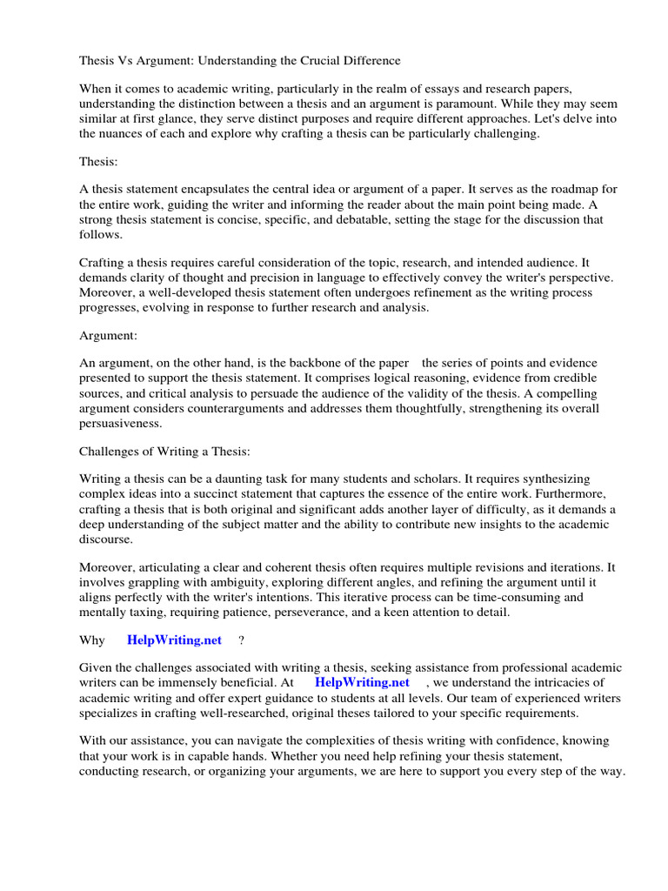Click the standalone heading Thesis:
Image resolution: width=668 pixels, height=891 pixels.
pos(101,162)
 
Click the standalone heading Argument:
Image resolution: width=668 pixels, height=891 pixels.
pos(109,334)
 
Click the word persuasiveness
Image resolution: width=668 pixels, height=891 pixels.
pos(121,422)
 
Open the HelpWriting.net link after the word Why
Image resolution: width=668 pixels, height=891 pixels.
pos(175,640)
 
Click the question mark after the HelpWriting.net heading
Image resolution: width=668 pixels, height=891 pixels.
pos(241,640)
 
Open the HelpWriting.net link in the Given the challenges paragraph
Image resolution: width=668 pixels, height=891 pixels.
pos(364,682)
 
